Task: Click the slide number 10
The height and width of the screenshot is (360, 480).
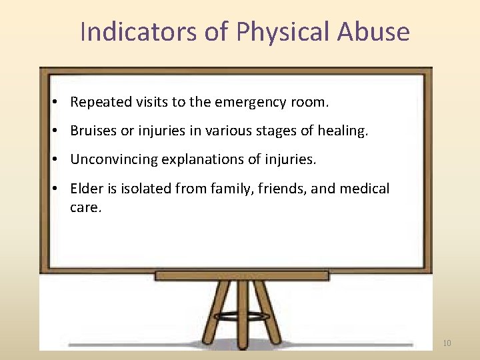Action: tap(447, 343)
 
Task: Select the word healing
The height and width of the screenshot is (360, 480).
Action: tap(342, 131)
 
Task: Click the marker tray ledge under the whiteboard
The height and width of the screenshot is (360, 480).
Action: tap(241, 275)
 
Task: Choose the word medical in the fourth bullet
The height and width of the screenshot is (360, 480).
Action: tap(365, 189)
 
